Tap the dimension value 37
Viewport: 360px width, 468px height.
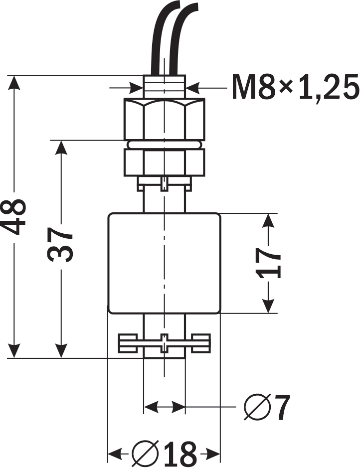pyautogui.click(x=61, y=246)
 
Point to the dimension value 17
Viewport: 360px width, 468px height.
pyautogui.click(x=269, y=263)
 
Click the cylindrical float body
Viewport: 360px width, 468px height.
pyautogui.click(x=164, y=263)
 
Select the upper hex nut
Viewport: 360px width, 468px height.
pyautogui.click(x=164, y=119)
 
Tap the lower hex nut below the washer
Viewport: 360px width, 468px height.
pyautogui.click(x=164, y=162)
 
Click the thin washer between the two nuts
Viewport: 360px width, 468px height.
pyautogui.click(x=164, y=144)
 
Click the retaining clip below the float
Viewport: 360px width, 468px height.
pyautogui.click(x=164, y=343)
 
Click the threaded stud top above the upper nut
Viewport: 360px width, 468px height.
pyautogui.click(x=164, y=86)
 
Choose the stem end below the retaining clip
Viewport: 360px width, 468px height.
pyautogui.click(x=164, y=355)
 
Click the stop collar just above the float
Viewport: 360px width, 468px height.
pyautogui.click(x=164, y=184)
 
